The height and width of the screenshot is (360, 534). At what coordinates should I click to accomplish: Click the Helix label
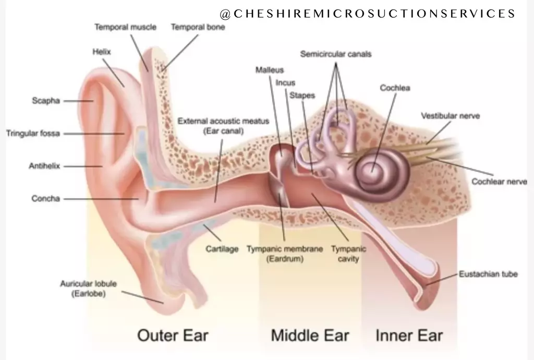102,52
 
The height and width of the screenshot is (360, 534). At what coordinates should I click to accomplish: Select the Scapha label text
46,101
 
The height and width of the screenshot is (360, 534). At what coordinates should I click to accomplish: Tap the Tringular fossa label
33,134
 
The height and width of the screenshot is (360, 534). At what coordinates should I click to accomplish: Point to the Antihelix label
44,166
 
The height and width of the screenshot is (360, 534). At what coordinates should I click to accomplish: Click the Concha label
45,199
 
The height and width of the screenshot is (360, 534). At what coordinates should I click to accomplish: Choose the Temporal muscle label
125,27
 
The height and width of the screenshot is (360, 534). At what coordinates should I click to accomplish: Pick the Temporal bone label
198,27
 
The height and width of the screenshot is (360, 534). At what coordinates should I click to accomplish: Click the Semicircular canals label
336,54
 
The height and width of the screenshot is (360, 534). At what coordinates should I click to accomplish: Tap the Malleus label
270,70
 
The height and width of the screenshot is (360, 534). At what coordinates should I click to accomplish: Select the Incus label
285,82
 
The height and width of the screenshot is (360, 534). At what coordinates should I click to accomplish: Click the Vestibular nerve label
450,116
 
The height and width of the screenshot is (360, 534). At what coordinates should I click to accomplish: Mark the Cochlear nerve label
499,182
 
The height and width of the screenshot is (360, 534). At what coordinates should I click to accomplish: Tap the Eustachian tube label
488,274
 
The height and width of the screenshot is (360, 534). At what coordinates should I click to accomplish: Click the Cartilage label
222,249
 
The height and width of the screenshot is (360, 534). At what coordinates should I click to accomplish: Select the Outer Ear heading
173,335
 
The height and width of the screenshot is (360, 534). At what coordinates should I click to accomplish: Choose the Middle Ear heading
310,335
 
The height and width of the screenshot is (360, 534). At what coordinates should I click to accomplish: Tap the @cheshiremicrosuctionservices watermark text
368,14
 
